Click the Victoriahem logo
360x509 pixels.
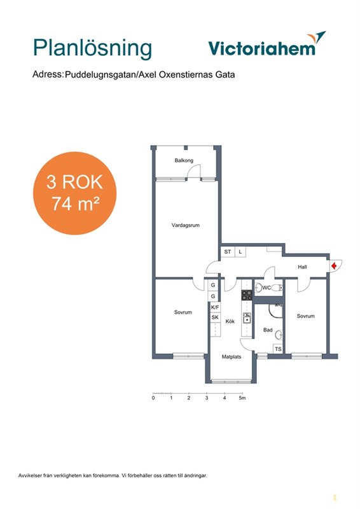pyautogui.click(x=267, y=44)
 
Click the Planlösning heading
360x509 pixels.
pyautogui.click(x=92, y=49)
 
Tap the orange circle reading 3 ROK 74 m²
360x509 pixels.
pyautogui.click(x=74, y=193)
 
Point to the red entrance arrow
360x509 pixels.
pyautogui.click(x=334, y=267)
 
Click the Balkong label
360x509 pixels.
pyautogui.click(x=184, y=160)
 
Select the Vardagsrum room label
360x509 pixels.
pyautogui.click(x=186, y=225)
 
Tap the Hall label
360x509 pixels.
pyautogui.click(x=302, y=267)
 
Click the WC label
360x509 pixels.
pyautogui.click(x=267, y=288)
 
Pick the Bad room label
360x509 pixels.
pyautogui.click(x=268, y=330)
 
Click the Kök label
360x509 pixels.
pyautogui.click(x=230, y=321)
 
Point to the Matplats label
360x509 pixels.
pyautogui.click(x=232, y=356)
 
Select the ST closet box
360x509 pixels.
pyautogui.click(x=228, y=252)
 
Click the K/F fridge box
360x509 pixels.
pyautogui.click(x=215, y=307)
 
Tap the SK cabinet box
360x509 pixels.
pyautogui.click(x=215, y=317)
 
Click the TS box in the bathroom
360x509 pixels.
pyautogui.click(x=278, y=349)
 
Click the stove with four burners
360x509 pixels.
pyautogui.click(x=247, y=295)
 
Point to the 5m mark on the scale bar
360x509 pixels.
pyautogui.click(x=242, y=398)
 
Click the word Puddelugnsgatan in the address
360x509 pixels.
pyautogui.click(x=100, y=74)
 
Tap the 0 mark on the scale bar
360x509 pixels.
pyautogui.click(x=153, y=398)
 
